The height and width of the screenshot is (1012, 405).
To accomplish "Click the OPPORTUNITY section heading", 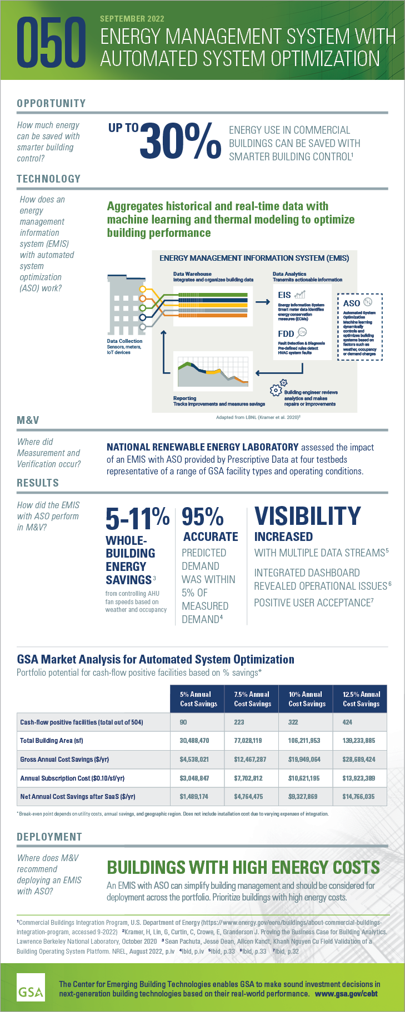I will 51,103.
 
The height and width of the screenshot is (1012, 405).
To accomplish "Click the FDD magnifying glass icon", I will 302,333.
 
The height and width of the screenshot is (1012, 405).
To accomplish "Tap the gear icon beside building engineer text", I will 277,389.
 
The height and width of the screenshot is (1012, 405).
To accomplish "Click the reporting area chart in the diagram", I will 213,373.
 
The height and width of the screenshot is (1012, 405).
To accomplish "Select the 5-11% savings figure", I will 137,518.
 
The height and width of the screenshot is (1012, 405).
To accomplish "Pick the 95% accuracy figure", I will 203,517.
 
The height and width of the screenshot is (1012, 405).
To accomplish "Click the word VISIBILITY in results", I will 307,516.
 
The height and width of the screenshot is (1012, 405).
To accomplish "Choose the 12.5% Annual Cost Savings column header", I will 361,699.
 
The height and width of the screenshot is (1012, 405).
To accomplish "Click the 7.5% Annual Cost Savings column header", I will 252,699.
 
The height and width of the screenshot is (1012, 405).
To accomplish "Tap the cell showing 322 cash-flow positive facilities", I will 293,722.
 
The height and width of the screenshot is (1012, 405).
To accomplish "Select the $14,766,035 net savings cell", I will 358,796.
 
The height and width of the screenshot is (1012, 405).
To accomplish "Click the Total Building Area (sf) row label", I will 52,740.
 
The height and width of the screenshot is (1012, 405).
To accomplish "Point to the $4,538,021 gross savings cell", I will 194,759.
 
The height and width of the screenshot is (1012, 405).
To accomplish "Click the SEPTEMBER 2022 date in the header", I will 132,19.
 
